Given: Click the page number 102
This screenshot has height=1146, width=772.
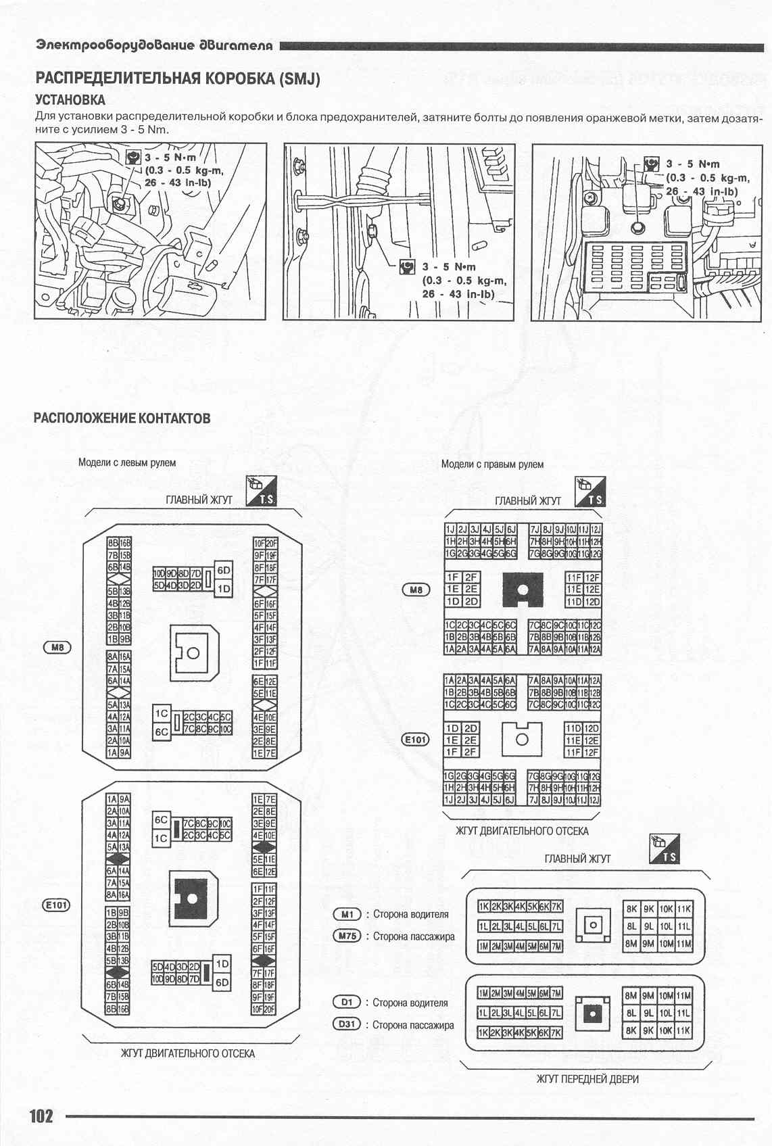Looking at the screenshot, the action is pos(41,1115).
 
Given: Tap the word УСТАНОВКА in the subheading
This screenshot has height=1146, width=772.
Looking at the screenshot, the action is pos(70,99).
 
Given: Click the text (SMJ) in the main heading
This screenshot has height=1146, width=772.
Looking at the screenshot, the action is pos(298,78).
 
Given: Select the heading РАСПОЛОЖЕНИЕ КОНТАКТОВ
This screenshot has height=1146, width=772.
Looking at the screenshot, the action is pos(122,418).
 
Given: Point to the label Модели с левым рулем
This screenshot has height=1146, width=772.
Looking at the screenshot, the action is pos(127,462).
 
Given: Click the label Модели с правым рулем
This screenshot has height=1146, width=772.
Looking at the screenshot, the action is pos(492,464).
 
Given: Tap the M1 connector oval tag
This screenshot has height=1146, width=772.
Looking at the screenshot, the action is pos(347,914).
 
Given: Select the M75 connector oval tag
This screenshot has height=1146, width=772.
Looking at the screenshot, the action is pos(347,936).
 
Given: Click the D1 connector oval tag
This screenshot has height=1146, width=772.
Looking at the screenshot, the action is pos(347,1003).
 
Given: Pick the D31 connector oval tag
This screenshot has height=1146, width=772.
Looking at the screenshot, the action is pos(347,1024).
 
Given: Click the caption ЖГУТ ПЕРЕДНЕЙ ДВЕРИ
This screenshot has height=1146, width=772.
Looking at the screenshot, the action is pos(587,1079).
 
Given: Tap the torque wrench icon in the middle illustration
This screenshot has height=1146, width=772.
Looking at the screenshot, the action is pos(407,266).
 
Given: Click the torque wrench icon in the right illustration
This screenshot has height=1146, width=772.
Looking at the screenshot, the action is pos(652,163).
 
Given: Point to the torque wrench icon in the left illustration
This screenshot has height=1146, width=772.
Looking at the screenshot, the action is pos(133,157).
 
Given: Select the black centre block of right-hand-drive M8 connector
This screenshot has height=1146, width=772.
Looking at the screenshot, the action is pos(523,589).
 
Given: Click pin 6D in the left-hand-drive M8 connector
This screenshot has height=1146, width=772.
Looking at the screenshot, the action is pos(224,570).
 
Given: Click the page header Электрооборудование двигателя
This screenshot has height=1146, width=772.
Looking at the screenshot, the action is pos(155,45).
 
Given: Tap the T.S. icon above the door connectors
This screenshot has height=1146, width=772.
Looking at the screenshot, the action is pos(665,849).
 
